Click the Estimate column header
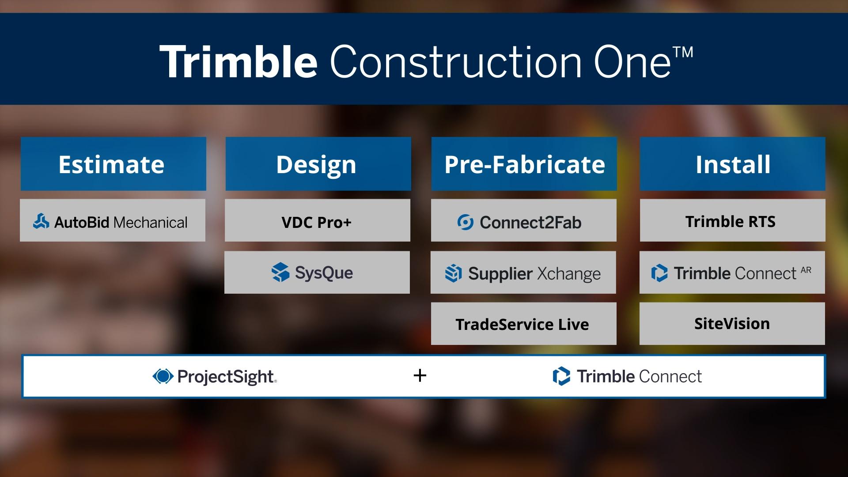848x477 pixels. (113, 164)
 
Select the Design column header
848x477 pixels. (318, 164)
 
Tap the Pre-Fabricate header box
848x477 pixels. (524, 164)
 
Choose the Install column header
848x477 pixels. (732, 164)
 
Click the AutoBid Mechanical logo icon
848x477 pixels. (41, 221)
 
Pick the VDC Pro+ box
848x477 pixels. (317, 220)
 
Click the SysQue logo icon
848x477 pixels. (280, 272)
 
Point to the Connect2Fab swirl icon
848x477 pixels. (465, 222)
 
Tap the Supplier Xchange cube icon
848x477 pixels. (453, 273)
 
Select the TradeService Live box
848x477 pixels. (523, 323)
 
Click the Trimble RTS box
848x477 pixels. (732, 220)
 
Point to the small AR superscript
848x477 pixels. (806, 270)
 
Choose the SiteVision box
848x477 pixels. (732, 323)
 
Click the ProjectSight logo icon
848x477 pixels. (163, 376)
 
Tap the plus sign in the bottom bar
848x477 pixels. (420, 376)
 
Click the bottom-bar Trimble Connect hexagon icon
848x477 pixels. (561, 376)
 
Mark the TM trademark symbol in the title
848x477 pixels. (683, 52)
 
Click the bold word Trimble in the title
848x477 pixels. (238, 61)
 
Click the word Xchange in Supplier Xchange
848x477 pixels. (569, 274)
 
